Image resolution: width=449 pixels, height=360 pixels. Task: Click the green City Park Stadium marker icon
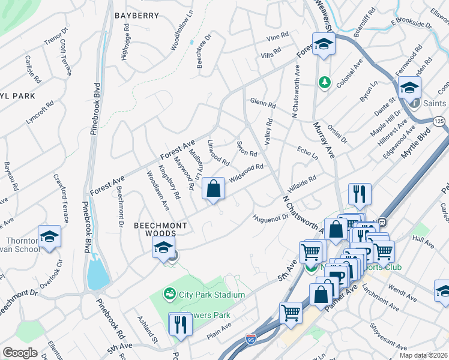170,294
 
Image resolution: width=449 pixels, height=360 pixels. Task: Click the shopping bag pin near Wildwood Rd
213,189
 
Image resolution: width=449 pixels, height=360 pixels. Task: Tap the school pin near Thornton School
50,236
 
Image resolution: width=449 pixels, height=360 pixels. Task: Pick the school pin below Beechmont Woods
164,247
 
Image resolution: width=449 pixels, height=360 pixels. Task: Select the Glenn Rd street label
262,103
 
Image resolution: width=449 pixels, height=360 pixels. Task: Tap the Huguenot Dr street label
271,218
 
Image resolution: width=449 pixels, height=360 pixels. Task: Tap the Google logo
20,352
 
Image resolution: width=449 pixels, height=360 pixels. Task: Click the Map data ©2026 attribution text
423,355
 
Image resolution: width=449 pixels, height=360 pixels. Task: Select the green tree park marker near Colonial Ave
325,81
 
